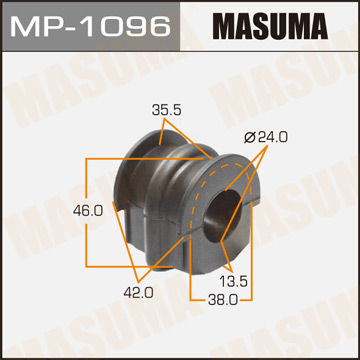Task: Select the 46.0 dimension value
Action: click(61, 211)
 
